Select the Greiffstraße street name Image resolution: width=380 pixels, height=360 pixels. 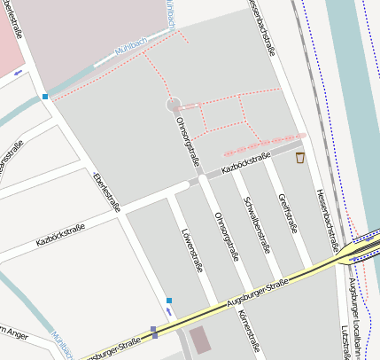pyautogui.click(x=288, y=213)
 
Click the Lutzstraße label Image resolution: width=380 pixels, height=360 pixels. pyautogui.click(x=345, y=341)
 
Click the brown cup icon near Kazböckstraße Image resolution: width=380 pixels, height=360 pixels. pyautogui.click(x=300, y=158)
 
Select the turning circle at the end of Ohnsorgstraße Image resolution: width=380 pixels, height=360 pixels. pyautogui.click(x=173, y=106)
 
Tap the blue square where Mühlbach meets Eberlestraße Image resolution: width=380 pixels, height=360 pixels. pyautogui.click(x=44, y=96)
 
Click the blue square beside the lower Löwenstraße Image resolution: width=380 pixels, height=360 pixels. pyautogui.click(x=169, y=301)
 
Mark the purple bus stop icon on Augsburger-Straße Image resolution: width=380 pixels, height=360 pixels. pyautogui.click(x=153, y=332)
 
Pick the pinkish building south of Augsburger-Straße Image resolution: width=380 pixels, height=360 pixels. pyautogui.click(x=201, y=339)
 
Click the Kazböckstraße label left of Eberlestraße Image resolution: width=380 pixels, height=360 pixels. pyautogui.click(x=60, y=234)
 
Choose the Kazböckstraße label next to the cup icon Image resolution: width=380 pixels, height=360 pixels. pyautogui.click(x=245, y=162)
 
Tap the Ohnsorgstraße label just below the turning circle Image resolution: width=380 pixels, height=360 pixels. pyautogui.click(x=188, y=140)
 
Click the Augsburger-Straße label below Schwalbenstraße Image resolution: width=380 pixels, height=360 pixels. pyautogui.click(x=257, y=293)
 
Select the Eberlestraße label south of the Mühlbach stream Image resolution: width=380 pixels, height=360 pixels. pyautogui.click(x=106, y=192)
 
